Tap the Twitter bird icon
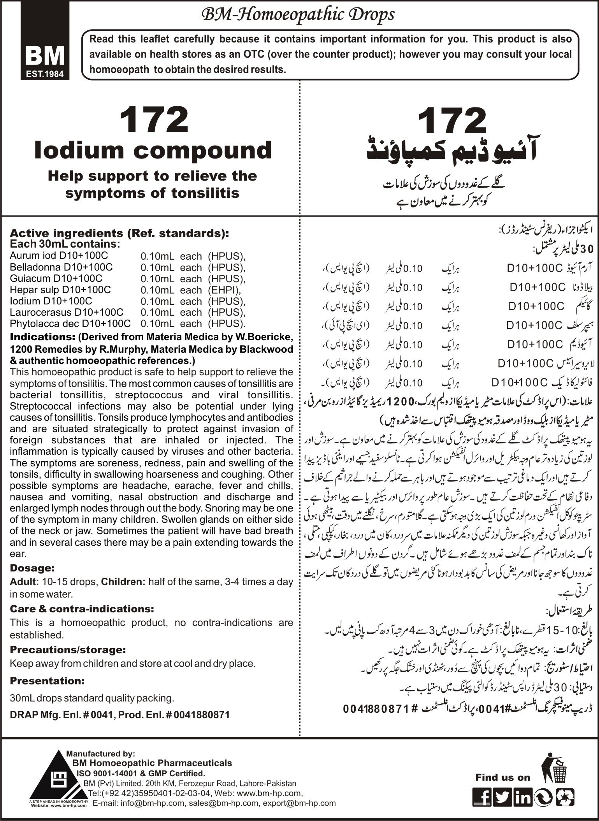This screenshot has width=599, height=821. click(x=502, y=797)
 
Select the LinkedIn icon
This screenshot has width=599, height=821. click(x=523, y=797)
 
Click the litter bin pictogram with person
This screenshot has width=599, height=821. click(x=554, y=766)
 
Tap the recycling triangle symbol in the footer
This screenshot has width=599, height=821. click(x=564, y=797)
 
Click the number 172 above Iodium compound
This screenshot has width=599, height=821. click(x=153, y=120)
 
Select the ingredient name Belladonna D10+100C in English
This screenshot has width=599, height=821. click(x=61, y=267)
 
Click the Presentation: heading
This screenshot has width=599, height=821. click(x=47, y=681)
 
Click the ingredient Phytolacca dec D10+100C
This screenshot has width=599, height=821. click(x=70, y=323)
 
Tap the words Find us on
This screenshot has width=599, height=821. click(x=502, y=777)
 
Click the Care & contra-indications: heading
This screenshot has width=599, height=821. click(x=82, y=608)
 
